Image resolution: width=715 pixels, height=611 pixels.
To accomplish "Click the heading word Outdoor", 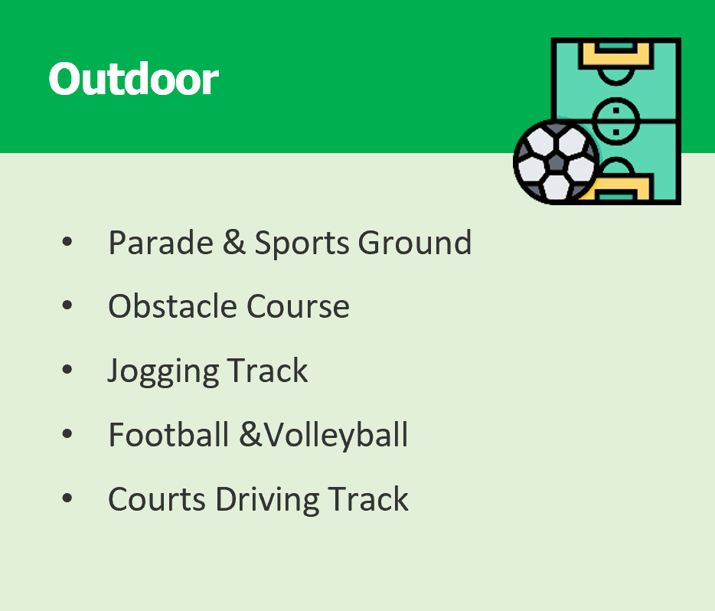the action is coord(134,79).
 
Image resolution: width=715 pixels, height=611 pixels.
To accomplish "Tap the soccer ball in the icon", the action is coord(557,162).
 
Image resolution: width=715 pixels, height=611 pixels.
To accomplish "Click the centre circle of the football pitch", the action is coord(615,121).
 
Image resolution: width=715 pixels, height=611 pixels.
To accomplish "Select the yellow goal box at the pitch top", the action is coord(615,56).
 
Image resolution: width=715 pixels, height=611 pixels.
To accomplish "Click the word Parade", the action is coord(161,243).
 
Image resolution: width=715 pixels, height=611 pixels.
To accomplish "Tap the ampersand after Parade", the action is coord(234,242).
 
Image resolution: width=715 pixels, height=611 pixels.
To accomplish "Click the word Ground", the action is coord(414,243).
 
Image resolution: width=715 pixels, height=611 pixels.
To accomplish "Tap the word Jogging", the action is coord(163,371).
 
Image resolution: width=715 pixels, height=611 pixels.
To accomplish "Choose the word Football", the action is coord(168,434).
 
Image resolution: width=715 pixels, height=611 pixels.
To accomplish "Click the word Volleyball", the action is coord(336,436).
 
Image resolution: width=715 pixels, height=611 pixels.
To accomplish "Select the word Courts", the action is coord(157,499).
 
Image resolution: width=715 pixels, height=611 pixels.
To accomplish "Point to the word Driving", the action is coord(267,500).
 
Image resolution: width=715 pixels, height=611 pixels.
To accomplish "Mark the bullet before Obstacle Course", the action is coord(67,305).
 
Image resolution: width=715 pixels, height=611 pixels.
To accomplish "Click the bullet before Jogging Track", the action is coord(67,369).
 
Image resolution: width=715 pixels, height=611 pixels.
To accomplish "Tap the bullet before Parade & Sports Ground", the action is coord(67,241).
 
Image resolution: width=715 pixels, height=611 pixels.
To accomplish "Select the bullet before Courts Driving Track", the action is coord(67,498).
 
